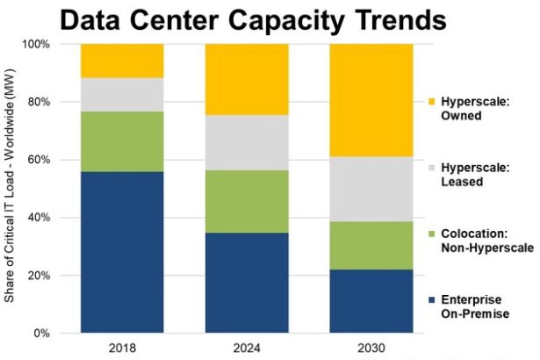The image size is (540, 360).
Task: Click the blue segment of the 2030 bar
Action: pos(371,301)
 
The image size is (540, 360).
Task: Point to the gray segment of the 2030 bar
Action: pos(371,189)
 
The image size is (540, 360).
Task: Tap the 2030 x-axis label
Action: pos(371,347)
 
